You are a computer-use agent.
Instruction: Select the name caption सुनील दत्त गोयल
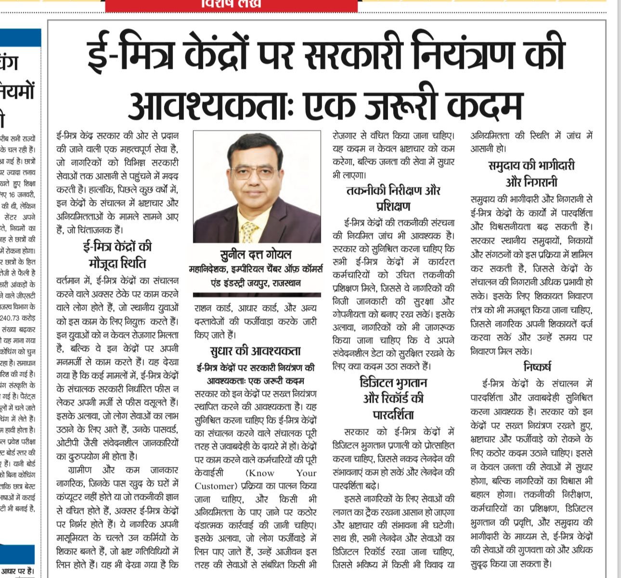click(x=256, y=254)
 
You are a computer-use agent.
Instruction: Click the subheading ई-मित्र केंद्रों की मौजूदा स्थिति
click(x=117, y=255)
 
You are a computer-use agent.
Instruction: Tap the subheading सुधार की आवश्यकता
click(x=255, y=351)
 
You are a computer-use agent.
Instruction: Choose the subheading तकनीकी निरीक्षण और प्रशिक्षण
click(x=393, y=198)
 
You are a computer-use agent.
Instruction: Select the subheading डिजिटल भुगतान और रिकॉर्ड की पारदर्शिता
click(x=393, y=398)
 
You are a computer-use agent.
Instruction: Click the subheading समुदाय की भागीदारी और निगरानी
click(x=531, y=173)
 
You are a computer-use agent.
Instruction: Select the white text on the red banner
click(x=232, y=4)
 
